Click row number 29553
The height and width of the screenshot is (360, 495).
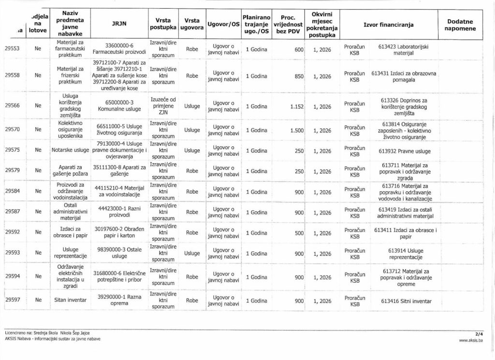12,49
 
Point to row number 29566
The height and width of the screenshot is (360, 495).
12,105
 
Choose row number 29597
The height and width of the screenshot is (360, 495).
12,300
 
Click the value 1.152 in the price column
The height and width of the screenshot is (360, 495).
293,106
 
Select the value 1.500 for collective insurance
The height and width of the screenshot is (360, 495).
293,130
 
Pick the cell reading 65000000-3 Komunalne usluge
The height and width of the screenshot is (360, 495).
119,105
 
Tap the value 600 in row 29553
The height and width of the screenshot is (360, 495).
298,49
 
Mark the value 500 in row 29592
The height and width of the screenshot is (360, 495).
298,232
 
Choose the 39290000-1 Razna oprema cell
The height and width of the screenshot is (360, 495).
119,300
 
